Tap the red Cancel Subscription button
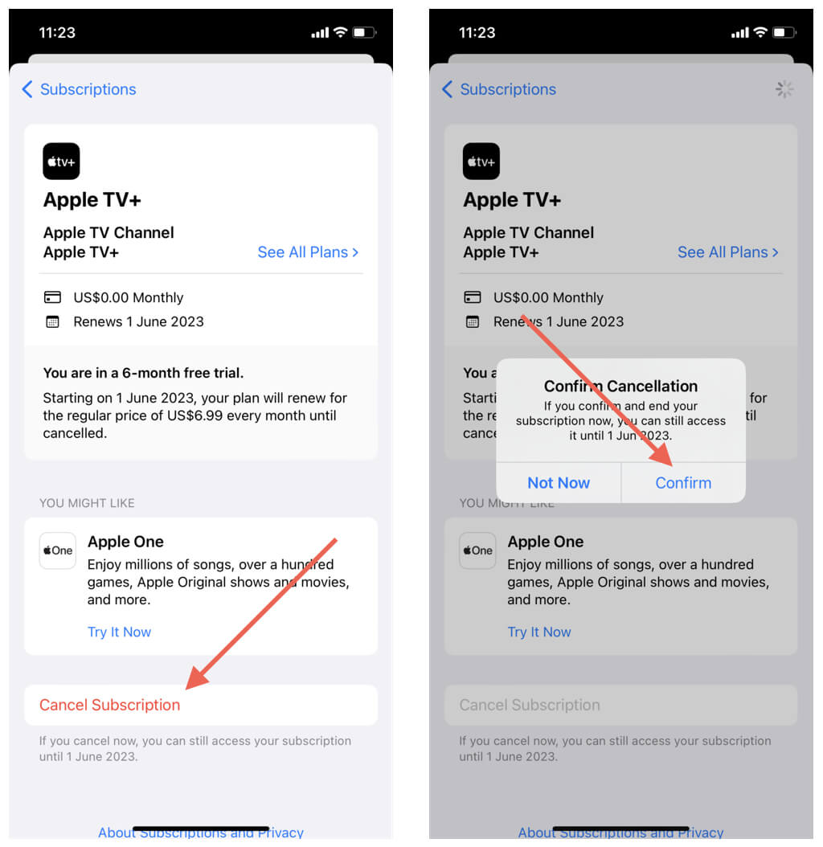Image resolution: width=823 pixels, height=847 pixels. (109, 705)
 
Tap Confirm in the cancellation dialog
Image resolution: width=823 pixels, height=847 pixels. (683, 483)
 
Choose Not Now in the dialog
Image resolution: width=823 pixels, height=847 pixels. (559, 483)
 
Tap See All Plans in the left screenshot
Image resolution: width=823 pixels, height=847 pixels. (308, 252)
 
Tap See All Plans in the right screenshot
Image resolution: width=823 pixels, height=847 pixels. (728, 252)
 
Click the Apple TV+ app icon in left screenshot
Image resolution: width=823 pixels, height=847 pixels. (61, 161)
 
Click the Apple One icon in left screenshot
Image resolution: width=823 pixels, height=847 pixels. (58, 550)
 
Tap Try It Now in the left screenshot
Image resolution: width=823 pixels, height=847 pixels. (120, 632)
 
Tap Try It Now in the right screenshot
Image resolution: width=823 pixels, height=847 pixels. (539, 632)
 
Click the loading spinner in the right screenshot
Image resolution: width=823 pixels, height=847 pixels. (784, 89)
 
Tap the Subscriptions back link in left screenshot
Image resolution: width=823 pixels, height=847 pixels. (79, 89)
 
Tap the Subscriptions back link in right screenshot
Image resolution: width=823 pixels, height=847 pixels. (499, 89)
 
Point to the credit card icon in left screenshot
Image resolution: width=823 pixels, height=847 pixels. (52, 297)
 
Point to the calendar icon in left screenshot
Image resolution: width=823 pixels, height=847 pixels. (52, 322)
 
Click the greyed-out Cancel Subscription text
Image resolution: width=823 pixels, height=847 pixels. (530, 705)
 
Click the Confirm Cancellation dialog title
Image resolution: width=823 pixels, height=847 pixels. (620, 387)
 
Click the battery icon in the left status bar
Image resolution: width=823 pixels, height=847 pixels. (364, 32)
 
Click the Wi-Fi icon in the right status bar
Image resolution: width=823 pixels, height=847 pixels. (760, 32)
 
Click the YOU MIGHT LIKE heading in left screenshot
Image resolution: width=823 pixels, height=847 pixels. (87, 503)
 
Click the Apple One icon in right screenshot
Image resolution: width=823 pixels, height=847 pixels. (477, 550)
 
